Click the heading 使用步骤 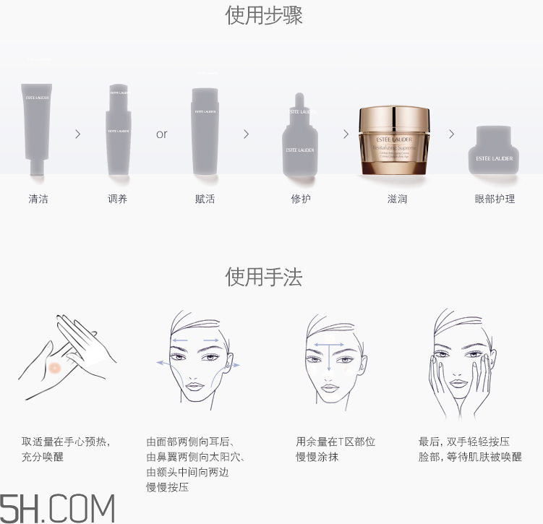coord(264,15)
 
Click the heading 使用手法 coord(264,276)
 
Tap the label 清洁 coord(38,199)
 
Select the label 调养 coord(117,199)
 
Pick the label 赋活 coord(205,199)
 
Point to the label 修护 coord(301,199)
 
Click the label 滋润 coord(397,199)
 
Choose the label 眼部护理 coord(495,199)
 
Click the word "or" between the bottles coord(162,134)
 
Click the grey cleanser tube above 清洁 coord(36,126)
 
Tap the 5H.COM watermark coord(58,508)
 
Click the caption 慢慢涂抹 coord(317,457)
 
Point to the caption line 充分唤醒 coord(43,457)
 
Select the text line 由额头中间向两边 coord(188,472)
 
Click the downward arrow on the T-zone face coord(329,358)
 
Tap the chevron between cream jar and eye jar coord(452,134)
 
